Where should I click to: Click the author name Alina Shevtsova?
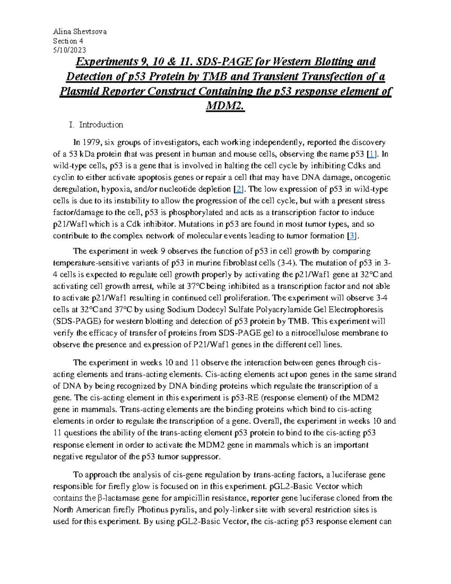(x=80, y=32)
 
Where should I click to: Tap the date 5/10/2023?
(x=70, y=50)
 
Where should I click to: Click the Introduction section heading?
(x=101, y=124)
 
